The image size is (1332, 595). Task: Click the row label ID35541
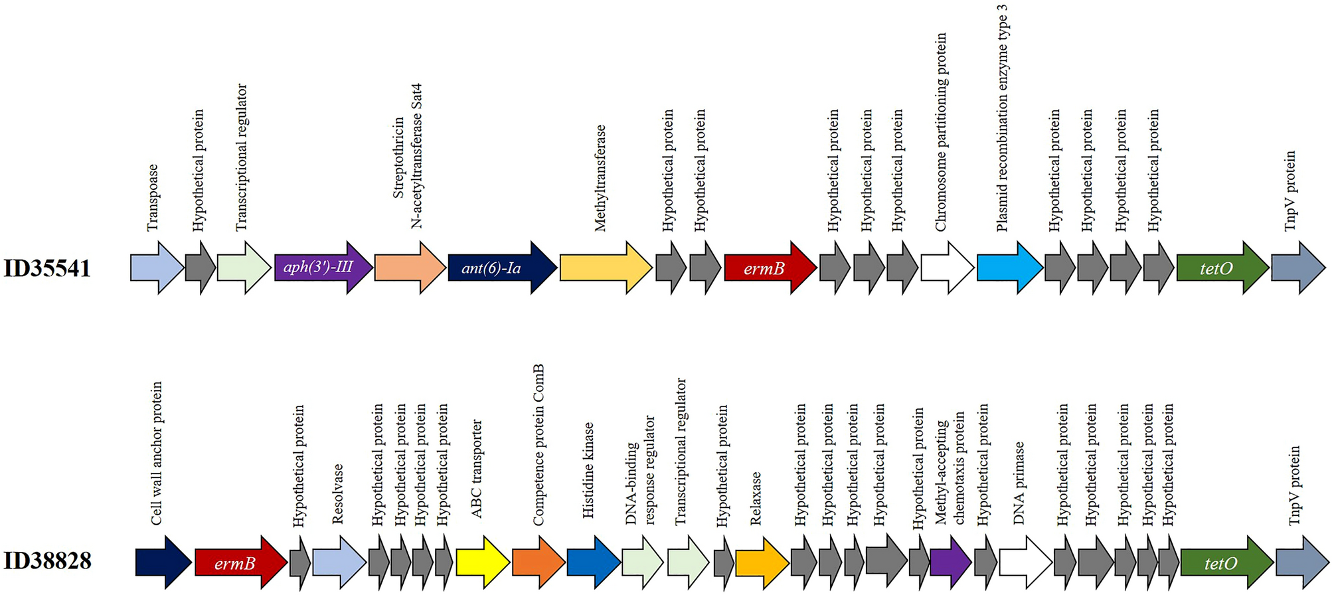[x=47, y=268]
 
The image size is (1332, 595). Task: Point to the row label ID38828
[x=47, y=561]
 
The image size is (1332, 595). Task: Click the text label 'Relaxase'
[x=756, y=498]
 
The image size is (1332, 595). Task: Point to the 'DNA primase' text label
[x=1019, y=483]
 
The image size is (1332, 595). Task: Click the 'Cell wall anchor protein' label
[x=157, y=453]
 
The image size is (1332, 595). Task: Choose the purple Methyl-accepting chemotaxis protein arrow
[x=950, y=562]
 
